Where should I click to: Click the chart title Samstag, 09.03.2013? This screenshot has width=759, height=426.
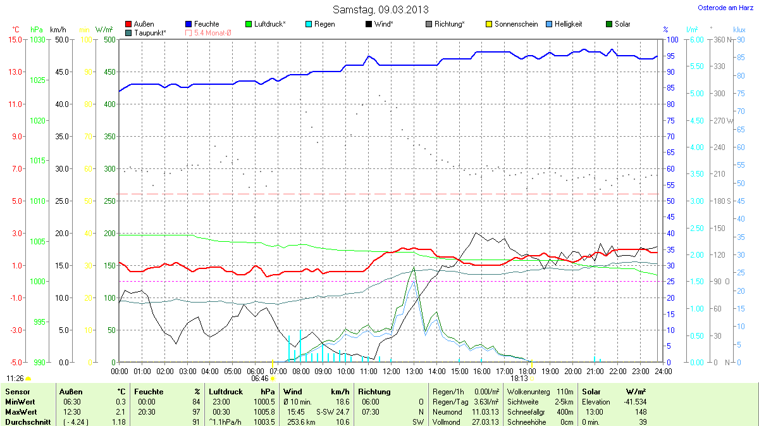pos(379,9)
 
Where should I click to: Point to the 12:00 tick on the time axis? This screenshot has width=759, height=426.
pos(391,370)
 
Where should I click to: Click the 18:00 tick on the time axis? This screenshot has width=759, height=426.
pos(527,370)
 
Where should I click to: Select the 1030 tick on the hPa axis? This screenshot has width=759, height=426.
pos(38,40)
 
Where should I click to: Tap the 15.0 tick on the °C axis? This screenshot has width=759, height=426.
pos(15,40)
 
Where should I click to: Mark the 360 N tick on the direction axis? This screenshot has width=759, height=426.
pos(720,40)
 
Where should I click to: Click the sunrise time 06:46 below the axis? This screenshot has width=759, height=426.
pos(260,378)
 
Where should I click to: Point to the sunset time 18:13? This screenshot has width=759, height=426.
pos(519,378)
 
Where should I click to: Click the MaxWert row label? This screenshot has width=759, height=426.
pos(20,411)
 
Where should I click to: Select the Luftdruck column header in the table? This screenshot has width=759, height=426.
pos(226,392)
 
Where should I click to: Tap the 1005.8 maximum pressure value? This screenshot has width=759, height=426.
pos(264,411)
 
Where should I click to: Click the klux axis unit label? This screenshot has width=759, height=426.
pos(739,30)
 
